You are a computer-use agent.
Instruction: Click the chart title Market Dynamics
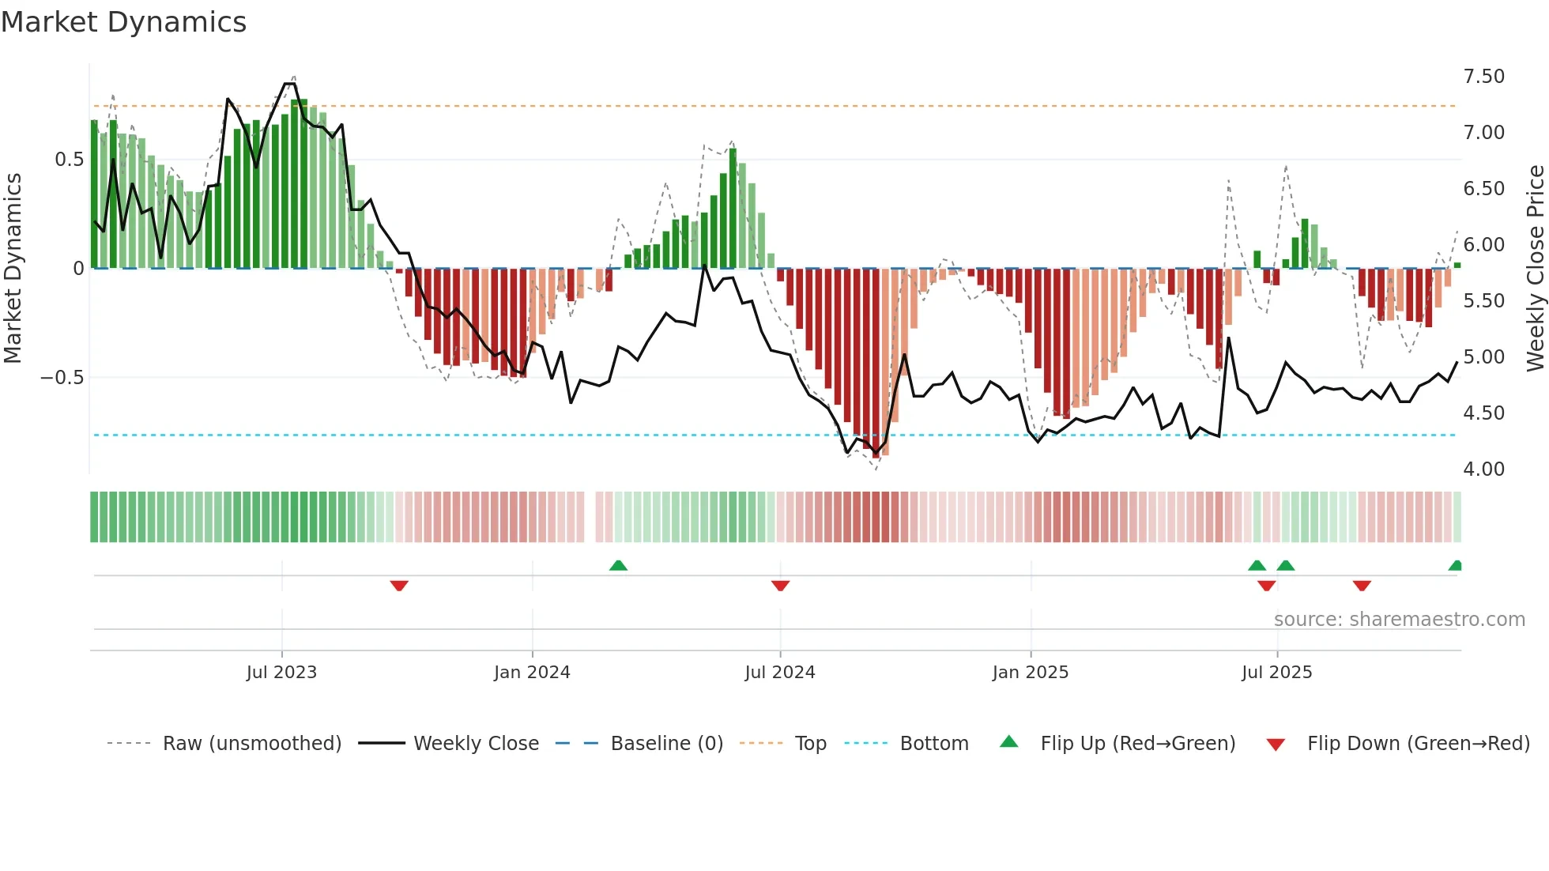tap(124, 22)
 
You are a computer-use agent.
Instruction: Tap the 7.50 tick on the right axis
tap(1483, 77)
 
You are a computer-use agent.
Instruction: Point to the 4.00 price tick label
tap(1483, 469)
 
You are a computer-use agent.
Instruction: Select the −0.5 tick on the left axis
tap(62, 378)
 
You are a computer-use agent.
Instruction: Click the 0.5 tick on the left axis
tap(69, 160)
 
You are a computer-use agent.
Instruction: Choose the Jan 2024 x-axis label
tap(532, 673)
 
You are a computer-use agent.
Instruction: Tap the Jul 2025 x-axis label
tap(1276, 673)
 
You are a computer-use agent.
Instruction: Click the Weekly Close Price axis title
tap(1535, 269)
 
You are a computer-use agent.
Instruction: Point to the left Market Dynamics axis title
tap(13, 269)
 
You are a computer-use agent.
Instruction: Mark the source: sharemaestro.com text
tap(1399, 620)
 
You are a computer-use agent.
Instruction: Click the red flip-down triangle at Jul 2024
tap(780, 586)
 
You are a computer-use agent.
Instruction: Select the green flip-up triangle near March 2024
tap(618, 565)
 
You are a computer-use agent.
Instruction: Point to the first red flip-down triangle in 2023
tap(399, 586)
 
